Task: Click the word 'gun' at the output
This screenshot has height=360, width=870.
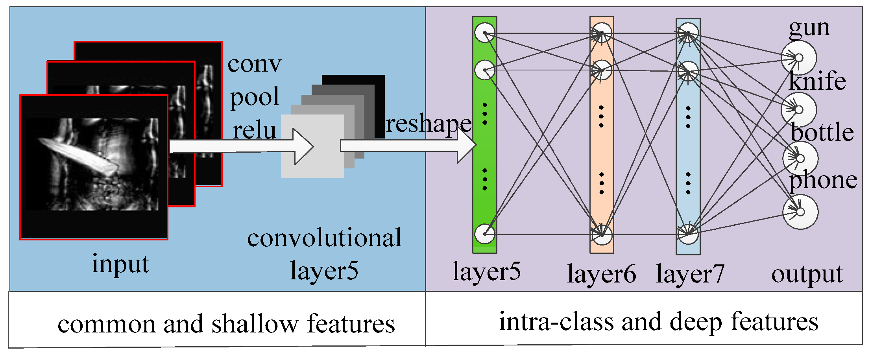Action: [809, 28]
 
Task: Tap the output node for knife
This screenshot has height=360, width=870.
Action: [799, 110]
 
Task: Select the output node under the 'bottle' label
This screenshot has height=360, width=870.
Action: [800, 159]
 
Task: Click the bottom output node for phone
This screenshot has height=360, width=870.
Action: [800, 212]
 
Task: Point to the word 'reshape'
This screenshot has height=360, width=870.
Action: [428, 124]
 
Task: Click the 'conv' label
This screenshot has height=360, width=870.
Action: [254, 64]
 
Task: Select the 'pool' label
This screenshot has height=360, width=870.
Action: [254, 97]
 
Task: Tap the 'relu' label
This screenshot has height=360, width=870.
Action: [254, 131]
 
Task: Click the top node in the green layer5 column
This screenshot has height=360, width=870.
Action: [485, 32]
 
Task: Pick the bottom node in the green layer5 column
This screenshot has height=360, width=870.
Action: [485, 234]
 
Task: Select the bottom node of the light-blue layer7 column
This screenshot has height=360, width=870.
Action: [688, 234]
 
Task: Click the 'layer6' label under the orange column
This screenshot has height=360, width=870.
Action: [601, 274]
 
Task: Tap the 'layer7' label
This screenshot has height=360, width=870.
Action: [690, 274]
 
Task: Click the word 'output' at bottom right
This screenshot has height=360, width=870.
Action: [807, 274]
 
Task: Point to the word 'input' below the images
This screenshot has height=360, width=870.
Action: [120, 264]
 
